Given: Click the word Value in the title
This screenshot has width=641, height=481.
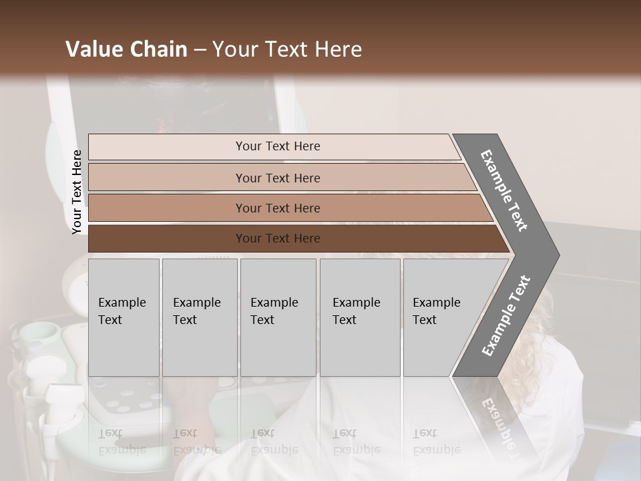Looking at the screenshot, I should (93, 49).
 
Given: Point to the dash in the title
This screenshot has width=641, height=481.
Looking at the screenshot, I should (200, 50).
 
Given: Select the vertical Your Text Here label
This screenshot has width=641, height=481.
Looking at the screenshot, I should (77, 192).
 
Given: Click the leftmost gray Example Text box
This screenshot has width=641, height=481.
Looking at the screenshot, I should (124, 317).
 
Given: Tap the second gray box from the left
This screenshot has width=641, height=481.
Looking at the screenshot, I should (200, 317).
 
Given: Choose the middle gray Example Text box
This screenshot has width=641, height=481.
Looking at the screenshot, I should (278, 317).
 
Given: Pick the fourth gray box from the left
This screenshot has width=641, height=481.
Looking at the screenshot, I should (360, 317).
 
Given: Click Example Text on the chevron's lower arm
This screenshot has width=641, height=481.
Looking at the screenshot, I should (506, 316).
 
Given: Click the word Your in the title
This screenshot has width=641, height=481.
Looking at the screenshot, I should (233, 49).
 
